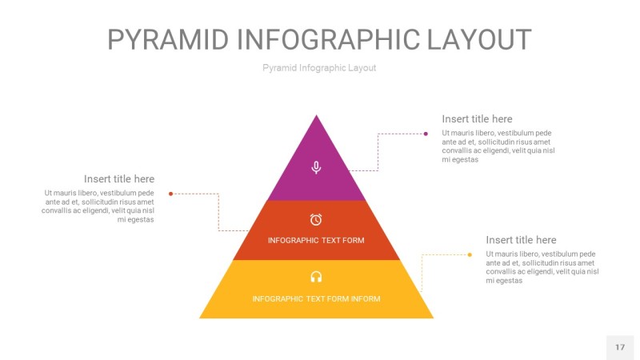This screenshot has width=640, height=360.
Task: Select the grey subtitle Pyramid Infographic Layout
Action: [319, 68]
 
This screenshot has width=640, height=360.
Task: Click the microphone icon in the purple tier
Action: [316, 167]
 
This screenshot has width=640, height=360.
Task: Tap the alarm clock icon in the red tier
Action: [316, 219]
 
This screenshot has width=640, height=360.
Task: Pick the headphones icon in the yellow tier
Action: [316, 277]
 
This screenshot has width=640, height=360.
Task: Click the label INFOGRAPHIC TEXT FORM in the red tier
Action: [316, 240]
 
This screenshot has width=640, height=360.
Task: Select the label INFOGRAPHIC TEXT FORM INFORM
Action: [316, 299]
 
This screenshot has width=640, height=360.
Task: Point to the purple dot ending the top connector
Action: [426, 134]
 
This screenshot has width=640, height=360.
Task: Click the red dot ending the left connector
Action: [171, 194]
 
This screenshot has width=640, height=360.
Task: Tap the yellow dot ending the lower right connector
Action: [470, 255]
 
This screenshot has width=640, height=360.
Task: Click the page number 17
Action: [619, 347]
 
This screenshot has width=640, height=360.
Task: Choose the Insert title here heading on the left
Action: [119, 179]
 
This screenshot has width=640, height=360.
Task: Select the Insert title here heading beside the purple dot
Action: [477, 119]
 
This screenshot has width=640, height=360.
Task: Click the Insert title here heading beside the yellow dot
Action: [521, 240]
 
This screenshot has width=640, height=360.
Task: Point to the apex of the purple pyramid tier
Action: [317, 117]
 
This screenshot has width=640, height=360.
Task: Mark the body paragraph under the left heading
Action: [99, 206]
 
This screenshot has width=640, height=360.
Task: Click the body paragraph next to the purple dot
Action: [498, 146]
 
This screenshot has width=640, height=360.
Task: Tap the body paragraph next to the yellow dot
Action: [542, 267]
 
